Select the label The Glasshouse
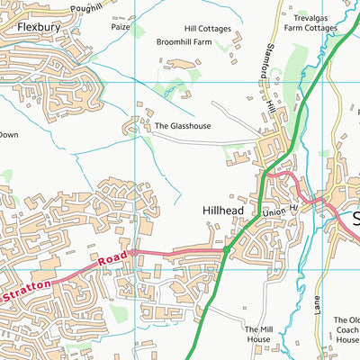coord(183,127)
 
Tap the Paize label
coord(121,27)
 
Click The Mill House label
coord(257,335)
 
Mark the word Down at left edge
coord(8,135)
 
